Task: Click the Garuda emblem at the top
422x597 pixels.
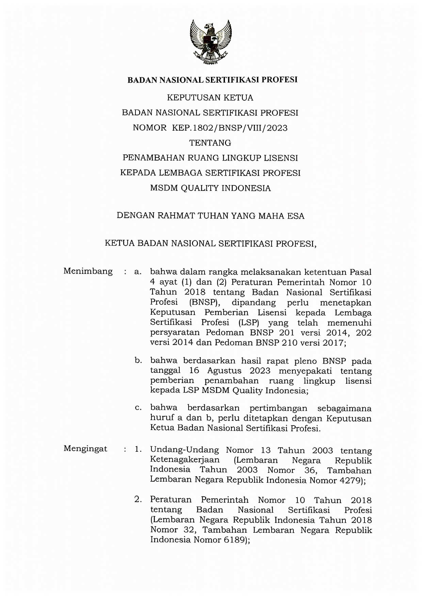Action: pos(211,42)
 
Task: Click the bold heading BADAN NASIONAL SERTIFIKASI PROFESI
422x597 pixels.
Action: pos(212,80)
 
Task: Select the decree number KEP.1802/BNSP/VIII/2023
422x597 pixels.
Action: pos(230,128)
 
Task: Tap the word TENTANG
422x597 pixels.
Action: pos(210,143)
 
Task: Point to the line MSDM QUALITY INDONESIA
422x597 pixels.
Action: pos(210,188)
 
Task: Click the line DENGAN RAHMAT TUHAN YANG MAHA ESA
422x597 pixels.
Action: pos(210,216)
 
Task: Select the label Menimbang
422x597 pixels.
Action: pos(88,271)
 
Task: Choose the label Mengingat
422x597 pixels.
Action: pos(85,449)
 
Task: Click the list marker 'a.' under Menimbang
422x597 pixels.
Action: pos(137,272)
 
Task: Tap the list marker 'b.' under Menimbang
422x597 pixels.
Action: pos(138,360)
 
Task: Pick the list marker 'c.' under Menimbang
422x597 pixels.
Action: pos(138,408)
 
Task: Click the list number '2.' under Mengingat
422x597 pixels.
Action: pos(138,499)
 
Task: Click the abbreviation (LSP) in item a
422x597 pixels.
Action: pos(249,322)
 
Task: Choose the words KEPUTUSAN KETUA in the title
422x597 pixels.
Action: pos(210,98)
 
